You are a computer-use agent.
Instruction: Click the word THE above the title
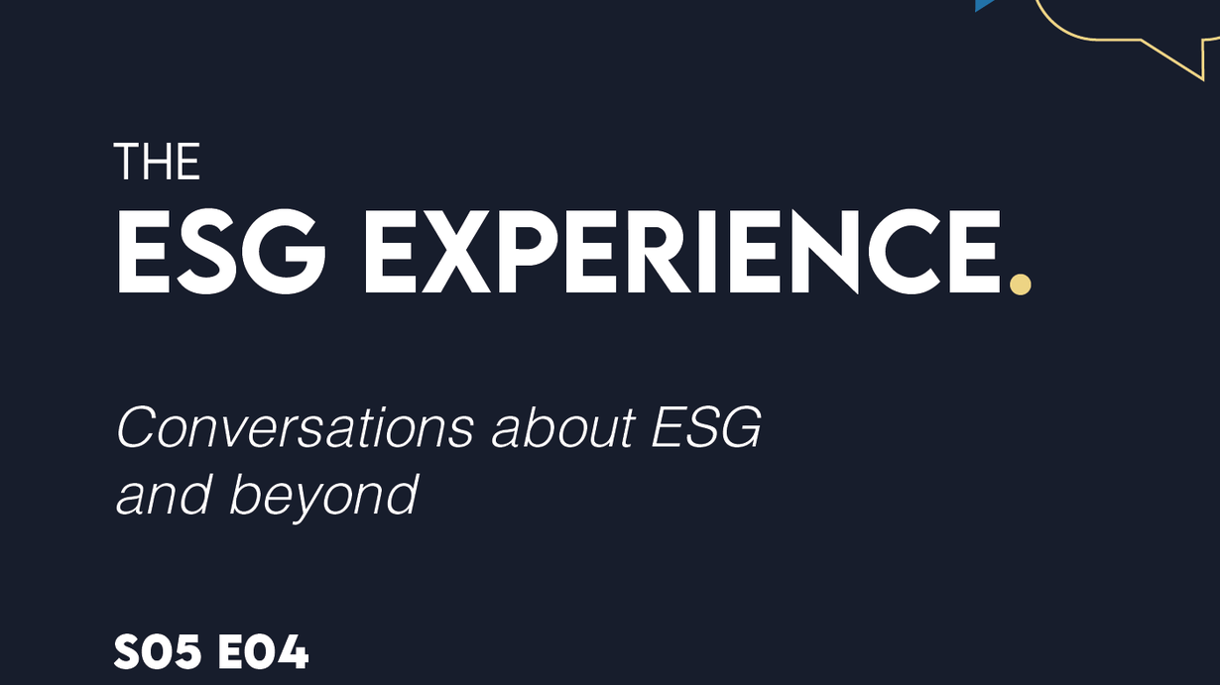click(x=157, y=162)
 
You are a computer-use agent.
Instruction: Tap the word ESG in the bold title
click(x=221, y=253)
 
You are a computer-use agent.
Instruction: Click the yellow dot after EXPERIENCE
click(x=1020, y=285)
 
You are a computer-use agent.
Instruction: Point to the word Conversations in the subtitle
click(x=296, y=428)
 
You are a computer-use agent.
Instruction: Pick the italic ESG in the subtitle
click(x=706, y=428)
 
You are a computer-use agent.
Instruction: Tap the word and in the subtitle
click(x=163, y=495)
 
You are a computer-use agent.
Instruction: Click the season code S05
click(x=158, y=651)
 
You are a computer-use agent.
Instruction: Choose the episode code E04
click(x=263, y=651)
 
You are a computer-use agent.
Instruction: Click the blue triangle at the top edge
click(x=984, y=5)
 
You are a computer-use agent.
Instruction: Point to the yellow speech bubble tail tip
click(x=1202, y=80)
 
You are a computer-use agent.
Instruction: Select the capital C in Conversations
click(x=136, y=428)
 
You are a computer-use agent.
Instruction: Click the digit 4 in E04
click(x=292, y=651)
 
